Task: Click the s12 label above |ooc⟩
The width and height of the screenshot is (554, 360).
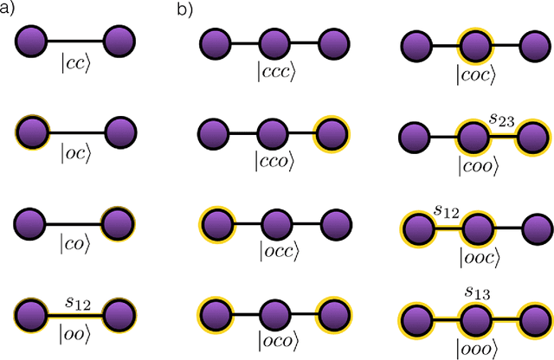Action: (x=446, y=210)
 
